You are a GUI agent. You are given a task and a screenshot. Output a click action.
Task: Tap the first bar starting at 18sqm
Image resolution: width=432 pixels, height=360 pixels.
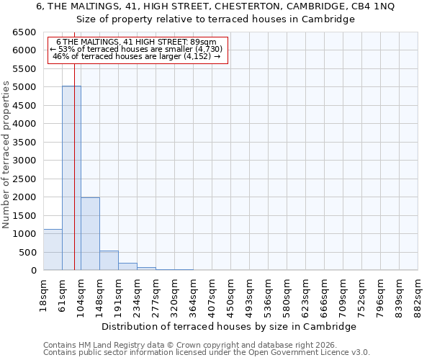pyautogui.click(x=53, y=250)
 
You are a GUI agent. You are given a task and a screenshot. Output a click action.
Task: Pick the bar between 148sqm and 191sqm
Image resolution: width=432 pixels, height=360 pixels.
pyautogui.click(x=109, y=261)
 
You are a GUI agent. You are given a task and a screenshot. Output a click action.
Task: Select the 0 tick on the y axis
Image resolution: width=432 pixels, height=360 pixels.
pyautogui.click(x=33, y=271)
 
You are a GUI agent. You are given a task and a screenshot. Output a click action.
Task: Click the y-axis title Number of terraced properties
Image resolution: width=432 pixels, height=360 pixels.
pyautogui.click(x=7, y=155)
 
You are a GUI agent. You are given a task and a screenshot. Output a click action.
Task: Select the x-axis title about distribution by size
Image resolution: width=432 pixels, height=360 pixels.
pyautogui.click(x=229, y=326)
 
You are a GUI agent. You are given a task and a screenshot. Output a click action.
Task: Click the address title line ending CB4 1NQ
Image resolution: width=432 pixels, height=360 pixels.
pyautogui.click(x=215, y=6)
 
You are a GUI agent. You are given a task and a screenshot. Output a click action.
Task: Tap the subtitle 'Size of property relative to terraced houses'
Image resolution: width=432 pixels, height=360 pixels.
pyautogui.click(x=215, y=19)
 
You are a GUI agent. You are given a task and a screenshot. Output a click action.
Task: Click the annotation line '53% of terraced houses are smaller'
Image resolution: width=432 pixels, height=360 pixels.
pyautogui.click(x=137, y=49)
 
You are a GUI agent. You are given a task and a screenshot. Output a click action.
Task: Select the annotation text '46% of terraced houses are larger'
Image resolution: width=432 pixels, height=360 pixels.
pyautogui.click(x=137, y=56)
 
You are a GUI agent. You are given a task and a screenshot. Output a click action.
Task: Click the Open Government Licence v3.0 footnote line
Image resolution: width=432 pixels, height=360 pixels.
pyautogui.click(x=207, y=352)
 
